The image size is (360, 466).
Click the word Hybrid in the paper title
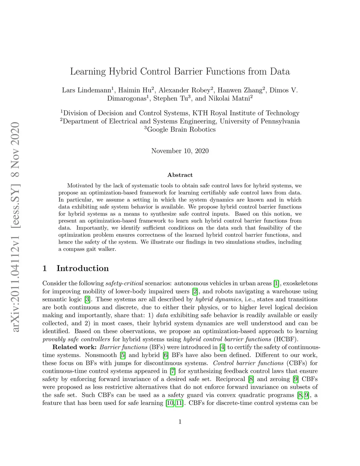(x=123, y=72)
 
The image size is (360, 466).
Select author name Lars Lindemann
(x=86, y=90)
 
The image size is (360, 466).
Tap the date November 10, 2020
(x=180, y=151)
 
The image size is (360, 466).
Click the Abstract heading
(x=180, y=175)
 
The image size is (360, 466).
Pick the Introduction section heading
(x=83, y=268)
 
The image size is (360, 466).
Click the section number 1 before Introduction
(x=45, y=268)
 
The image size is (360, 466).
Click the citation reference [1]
(x=276, y=283)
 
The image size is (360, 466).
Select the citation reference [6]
(x=166, y=355)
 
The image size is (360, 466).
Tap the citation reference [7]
(x=173, y=371)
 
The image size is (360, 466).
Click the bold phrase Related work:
(x=75, y=347)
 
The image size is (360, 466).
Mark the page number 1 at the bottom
(x=180, y=422)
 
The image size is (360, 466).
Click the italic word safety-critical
(x=124, y=283)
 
